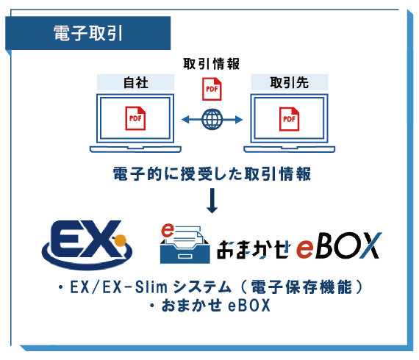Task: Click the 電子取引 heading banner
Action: [88, 33]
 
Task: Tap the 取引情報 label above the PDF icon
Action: [212, 64]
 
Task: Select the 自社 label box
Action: [135, 82]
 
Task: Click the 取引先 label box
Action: [290, 82]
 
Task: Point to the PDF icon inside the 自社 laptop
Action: [135, 118]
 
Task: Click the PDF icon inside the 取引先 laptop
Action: [290, 119]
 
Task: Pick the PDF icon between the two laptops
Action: [212, 89]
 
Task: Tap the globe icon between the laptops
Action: [212, 119]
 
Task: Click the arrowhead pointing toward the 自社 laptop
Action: [185, 119]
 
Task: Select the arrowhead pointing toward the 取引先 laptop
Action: [239, 119]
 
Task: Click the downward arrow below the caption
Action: [212, 201]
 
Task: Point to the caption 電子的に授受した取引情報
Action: [212, 174]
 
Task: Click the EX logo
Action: [87, 245]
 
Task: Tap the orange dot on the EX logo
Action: [120, 240]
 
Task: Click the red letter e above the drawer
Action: [168, 231]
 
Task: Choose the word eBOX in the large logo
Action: [339, 245]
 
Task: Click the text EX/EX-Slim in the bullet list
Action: [118, 287]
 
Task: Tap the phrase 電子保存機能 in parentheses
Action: [301, 287]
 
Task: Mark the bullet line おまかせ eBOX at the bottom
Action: [209, 305]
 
